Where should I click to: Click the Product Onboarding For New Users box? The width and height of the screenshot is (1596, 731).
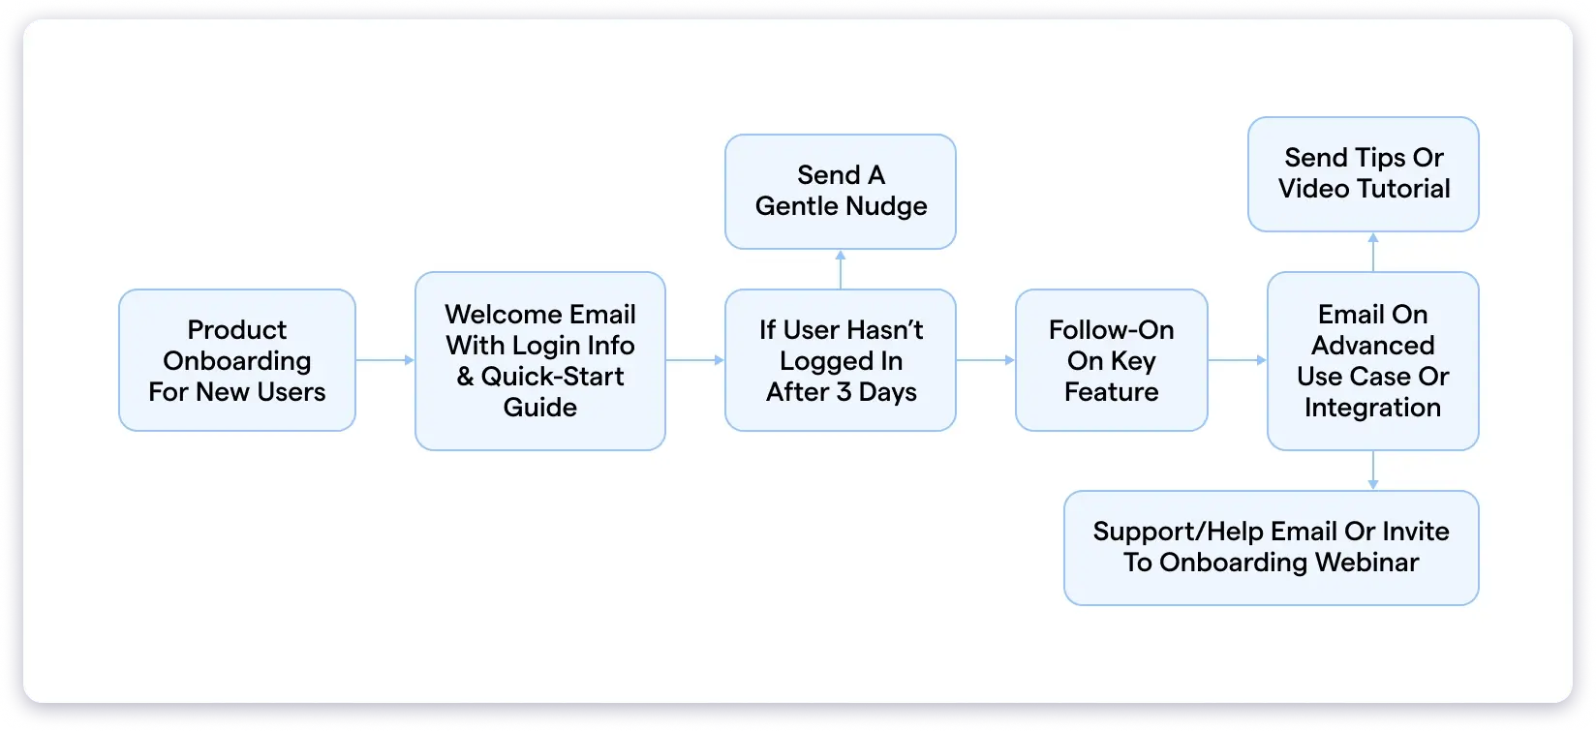pyautogui.click(x=237, y=360)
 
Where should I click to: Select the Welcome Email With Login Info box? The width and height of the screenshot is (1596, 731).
pyautogui.click(x=540, y=360)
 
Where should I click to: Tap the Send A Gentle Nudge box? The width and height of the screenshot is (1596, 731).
pyautogui.click(x=841, y=191)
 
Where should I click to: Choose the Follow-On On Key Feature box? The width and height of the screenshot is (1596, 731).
pyautogui.click(x=1111, y=360)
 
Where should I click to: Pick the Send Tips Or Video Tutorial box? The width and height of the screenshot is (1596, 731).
pyautogui.click(x=1364, y=173)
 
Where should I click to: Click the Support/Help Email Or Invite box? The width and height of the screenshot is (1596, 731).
pyautogui.click(x=1271, y=547)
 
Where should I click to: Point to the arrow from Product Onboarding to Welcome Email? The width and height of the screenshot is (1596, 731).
pyautogui.click(x=385, y=360)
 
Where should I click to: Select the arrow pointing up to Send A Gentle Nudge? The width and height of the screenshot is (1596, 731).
pyautogui.click(x=841, y=269)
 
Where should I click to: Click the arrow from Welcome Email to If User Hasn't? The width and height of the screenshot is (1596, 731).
pyautogui.click(x=695, y=360)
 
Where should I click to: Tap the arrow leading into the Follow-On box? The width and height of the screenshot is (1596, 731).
pyautogui.click(x=986, y=360)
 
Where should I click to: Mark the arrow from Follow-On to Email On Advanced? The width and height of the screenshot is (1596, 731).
pyautogui.click(x=1238, y=360)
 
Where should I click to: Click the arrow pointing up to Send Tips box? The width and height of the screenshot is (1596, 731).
pyautogui.click(x=1373, y=252)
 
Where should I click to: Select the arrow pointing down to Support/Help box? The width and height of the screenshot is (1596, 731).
pyautogui.click(x=1373, y=471)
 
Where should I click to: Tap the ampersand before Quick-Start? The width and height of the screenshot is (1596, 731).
pyautogui.click(x=466, y=377)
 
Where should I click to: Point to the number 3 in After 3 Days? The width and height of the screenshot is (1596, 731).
pyautogui.click(x=844, y=392)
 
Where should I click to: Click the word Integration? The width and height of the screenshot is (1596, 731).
pyautogui.click(x=1372, y=408)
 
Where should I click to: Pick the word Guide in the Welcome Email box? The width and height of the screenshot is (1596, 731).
pyautogui.click(x=540, y=408)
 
